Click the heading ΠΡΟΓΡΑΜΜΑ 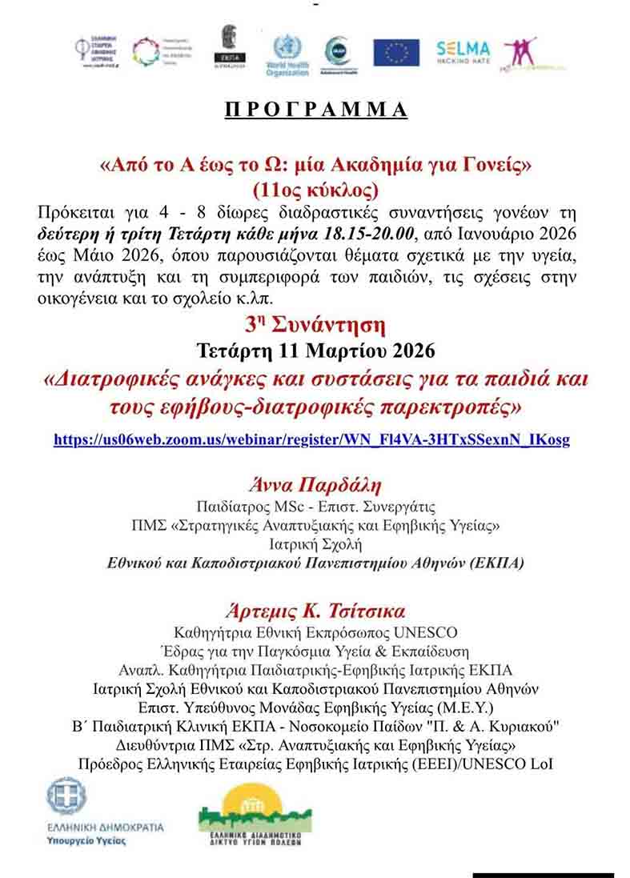(315, 110)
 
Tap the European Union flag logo (395, 53)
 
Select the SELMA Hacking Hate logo (463, 53)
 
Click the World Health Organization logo (287, 55)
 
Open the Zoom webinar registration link (311, 439)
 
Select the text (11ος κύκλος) (315, 190)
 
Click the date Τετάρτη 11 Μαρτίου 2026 (315, 351)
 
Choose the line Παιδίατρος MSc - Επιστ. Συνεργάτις (315, 507)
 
